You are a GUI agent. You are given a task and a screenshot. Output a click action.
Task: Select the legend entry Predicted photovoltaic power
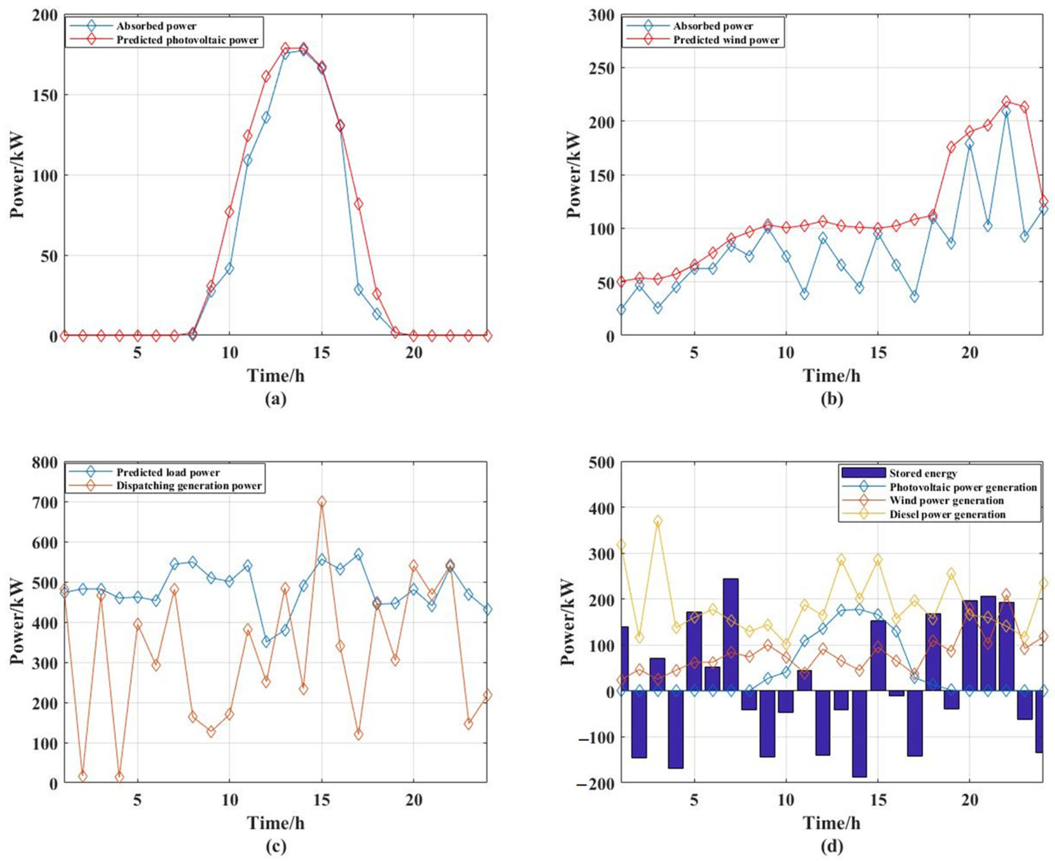pos(187,40)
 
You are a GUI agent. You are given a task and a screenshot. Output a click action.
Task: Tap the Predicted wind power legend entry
pos(726,40)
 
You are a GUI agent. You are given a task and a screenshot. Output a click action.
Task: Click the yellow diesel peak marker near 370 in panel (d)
pos(658,521)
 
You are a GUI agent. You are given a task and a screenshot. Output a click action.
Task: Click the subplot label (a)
pos(275,399)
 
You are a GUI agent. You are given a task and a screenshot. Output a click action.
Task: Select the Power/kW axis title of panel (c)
pos(18,622)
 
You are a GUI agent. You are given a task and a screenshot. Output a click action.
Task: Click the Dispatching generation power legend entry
pos(188,485)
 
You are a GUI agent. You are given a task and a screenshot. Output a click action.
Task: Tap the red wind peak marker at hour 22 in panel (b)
pos(1006,102)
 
